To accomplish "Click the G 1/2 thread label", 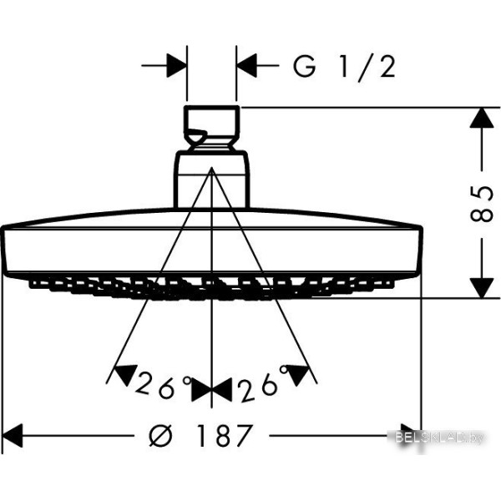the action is click(344, 67).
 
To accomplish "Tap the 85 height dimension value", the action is click(482, 204).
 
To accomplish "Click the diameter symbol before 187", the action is click(161, 436).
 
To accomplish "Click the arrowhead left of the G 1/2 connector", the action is click(177, 65).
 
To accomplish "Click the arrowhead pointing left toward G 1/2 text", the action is click(246, 65).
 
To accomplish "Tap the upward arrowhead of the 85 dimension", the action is click(482, 119).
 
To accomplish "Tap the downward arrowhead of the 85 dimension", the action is click(482, 288).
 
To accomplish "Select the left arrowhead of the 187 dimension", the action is click(13, 436).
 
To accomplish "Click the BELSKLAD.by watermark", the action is click(439, 438).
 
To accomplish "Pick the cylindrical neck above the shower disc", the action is click(211, 180).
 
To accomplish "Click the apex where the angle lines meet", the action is click(211, 169).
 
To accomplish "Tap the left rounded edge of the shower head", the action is click(4, 250).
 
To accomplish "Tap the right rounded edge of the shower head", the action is click(420, 250).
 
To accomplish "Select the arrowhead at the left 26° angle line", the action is click(126, 374).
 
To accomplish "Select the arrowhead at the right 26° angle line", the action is click(298, 374).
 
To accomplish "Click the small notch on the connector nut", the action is click(195, 136).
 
